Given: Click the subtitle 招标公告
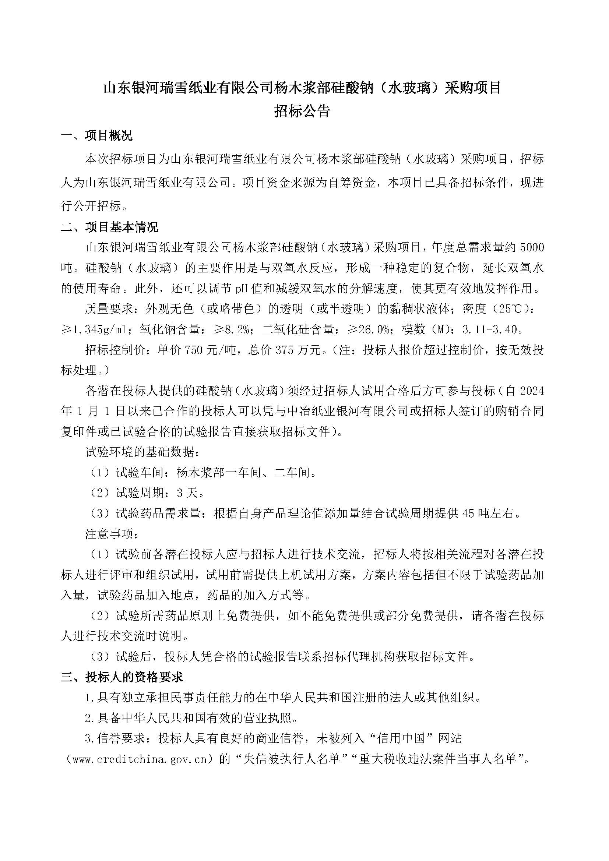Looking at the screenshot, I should (x=302, y=112).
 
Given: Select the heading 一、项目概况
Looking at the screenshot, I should (x=97, y=135).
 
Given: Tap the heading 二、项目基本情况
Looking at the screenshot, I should (x=109, y=227).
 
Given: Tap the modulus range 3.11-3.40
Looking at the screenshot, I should (x=490, y=329).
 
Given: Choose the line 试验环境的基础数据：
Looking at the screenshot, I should (x=142, y=452).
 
